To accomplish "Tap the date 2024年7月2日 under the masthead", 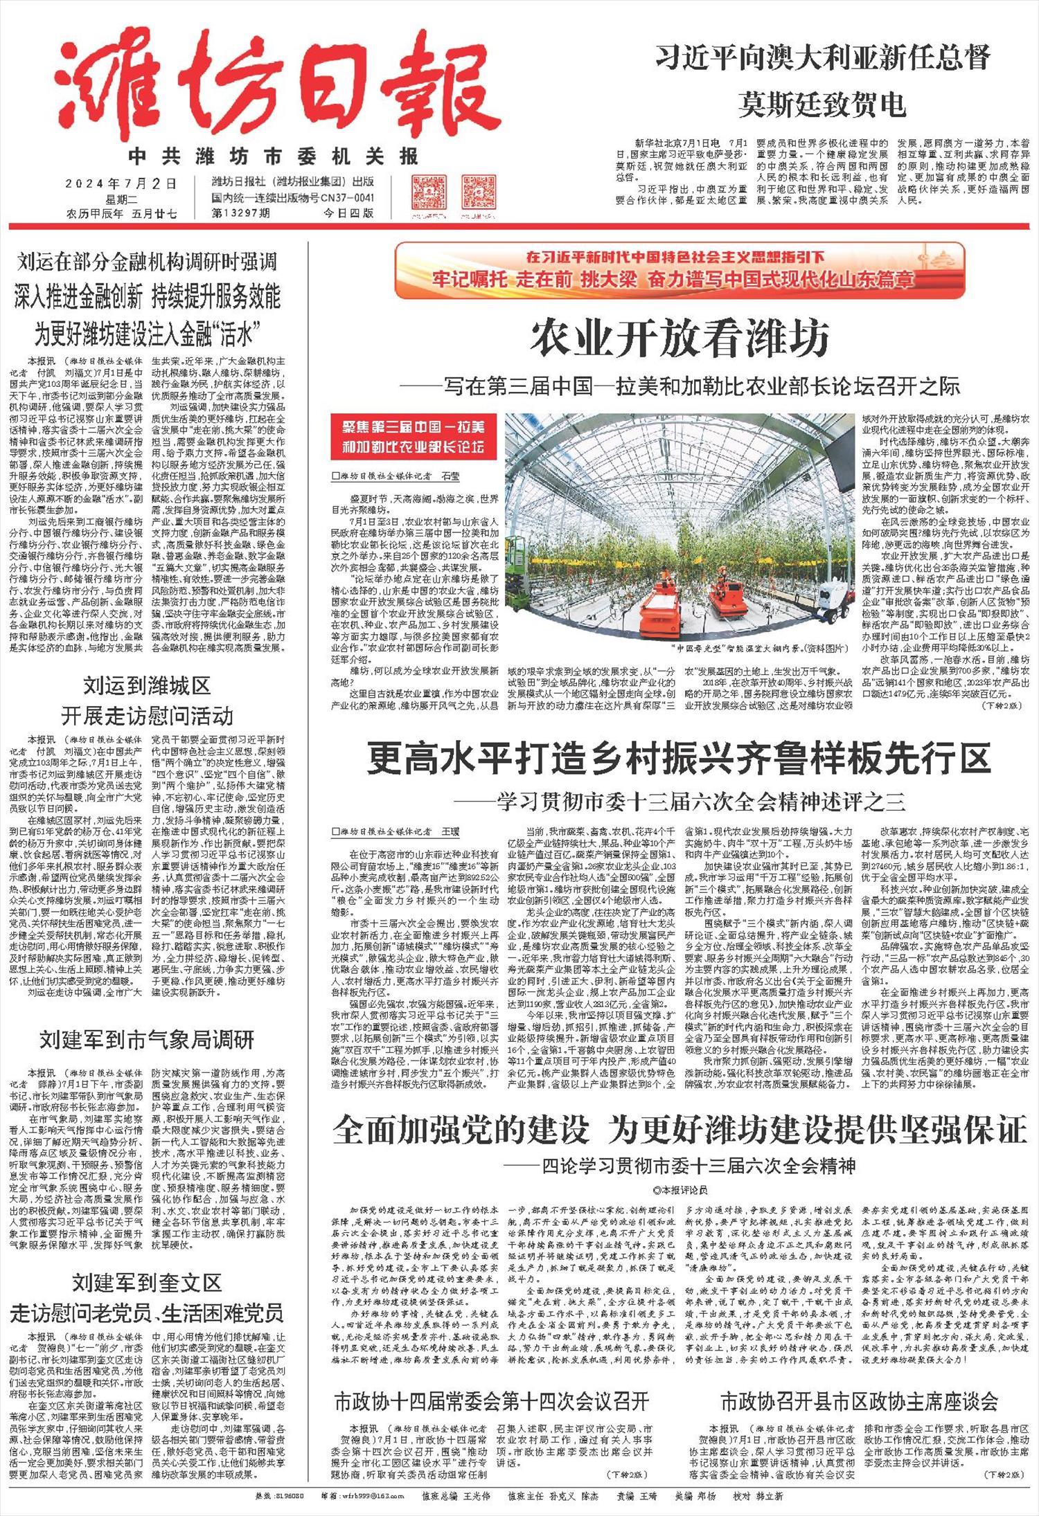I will pos(121,183).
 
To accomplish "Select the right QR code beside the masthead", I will pos(479,197).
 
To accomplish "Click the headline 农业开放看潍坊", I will pos(680,340).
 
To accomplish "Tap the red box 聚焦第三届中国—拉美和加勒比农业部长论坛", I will pos(413,437).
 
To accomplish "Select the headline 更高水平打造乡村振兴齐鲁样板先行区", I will pos(679,757).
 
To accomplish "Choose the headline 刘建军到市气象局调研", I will pos(147,1039).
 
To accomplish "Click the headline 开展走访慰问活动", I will pos(147,715).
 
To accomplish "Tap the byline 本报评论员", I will pos(680,1189).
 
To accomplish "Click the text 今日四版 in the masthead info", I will pos(349,213).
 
